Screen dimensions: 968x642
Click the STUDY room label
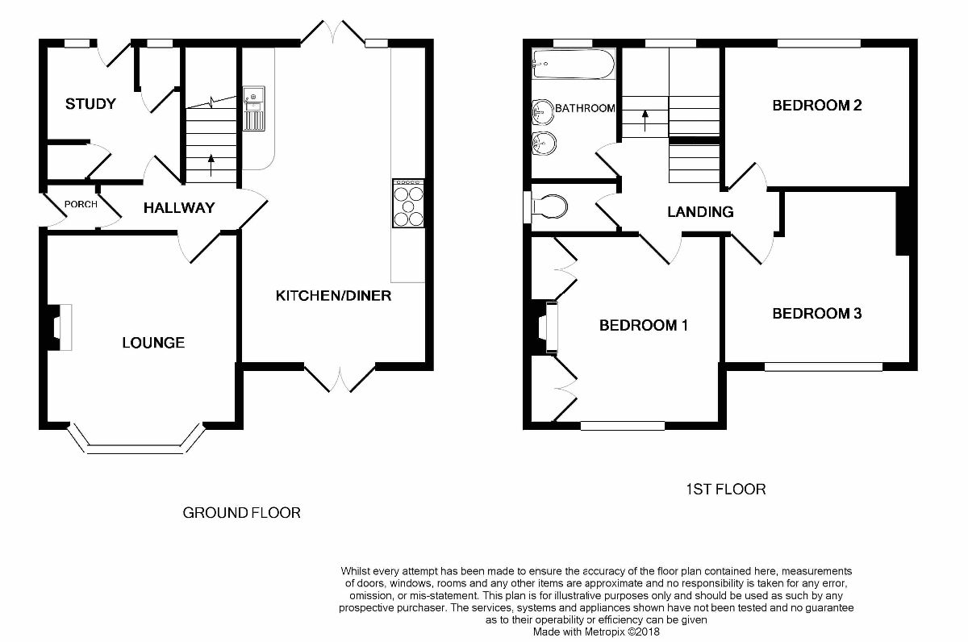pos(90,104)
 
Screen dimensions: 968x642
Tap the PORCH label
pos(81,204)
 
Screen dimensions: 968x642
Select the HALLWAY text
pos(179,208)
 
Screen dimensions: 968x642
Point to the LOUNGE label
pos(153,343)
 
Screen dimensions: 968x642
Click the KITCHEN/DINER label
pos(333,295)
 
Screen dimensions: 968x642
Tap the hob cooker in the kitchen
pos(408,203)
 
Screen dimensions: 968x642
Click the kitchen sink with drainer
pos(253,108)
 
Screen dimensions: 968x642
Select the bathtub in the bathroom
pos(574,64)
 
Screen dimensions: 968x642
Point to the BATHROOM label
pos(585,108)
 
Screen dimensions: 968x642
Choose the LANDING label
pos(700,211)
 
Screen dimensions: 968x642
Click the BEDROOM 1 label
pos(644,325)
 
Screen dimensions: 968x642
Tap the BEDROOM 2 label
pos(816,106)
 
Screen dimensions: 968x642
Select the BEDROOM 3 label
pos(816,313)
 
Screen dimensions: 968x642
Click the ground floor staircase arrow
pos(211,165)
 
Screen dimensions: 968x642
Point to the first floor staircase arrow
pos(645,120)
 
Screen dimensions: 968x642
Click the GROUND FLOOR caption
pos(241,513)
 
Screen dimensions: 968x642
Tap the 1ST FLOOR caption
pos(726,489)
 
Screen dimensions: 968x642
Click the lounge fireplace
pos(60,327)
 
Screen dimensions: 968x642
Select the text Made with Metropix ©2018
pos(596,632)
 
